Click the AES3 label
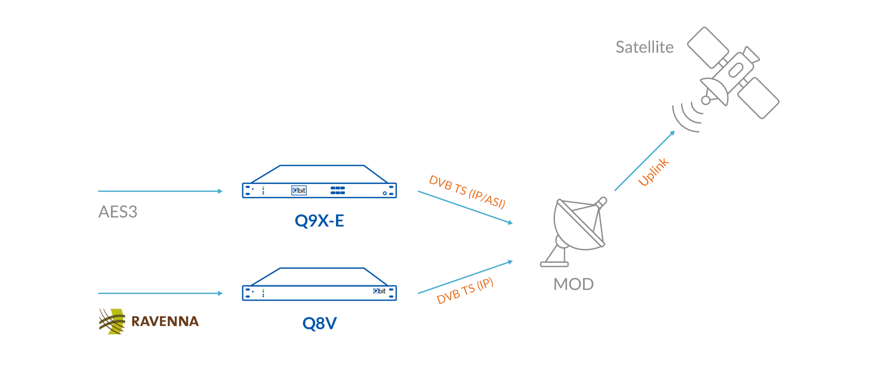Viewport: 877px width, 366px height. (x=118, y=212)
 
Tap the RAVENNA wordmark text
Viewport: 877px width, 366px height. (x=165, y=322)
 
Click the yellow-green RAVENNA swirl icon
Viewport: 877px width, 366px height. (x=112, y=321)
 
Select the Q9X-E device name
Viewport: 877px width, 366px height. (x=319, y=221)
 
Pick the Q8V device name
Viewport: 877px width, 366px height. (x=319, y=323)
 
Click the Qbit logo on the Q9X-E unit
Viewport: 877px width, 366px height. (x=299, y=190)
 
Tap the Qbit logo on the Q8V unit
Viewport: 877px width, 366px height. (x=379, y=291)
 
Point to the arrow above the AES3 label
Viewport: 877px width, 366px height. (x=160, y=191)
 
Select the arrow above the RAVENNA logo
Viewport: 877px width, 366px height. (x=160, y=293)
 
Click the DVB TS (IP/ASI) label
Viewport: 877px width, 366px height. (x=467, y=192)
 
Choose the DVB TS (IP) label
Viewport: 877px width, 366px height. (x=465, y=291)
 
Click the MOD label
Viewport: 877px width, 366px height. (x=573, y=284)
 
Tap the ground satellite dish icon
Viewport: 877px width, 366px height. (x=576, y=230)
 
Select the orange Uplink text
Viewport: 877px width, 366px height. (x=653, y=172)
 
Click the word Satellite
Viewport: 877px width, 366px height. (x=644, y=47)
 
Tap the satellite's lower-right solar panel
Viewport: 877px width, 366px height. (x=758, y=98)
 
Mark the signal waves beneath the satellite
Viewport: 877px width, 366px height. (x=687, y=117)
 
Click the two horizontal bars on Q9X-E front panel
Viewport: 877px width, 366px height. (x=337, y=190)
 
